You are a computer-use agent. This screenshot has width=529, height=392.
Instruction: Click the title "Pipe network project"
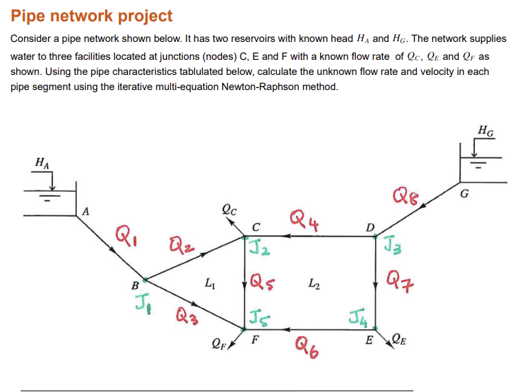pos(92,16)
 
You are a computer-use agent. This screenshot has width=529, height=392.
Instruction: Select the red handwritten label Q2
pos(180,246)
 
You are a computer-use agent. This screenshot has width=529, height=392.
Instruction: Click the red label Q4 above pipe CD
pos(304,221)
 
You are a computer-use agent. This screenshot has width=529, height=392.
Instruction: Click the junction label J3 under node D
pos(392,246)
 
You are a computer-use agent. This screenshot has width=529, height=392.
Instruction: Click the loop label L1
pos(209,282)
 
